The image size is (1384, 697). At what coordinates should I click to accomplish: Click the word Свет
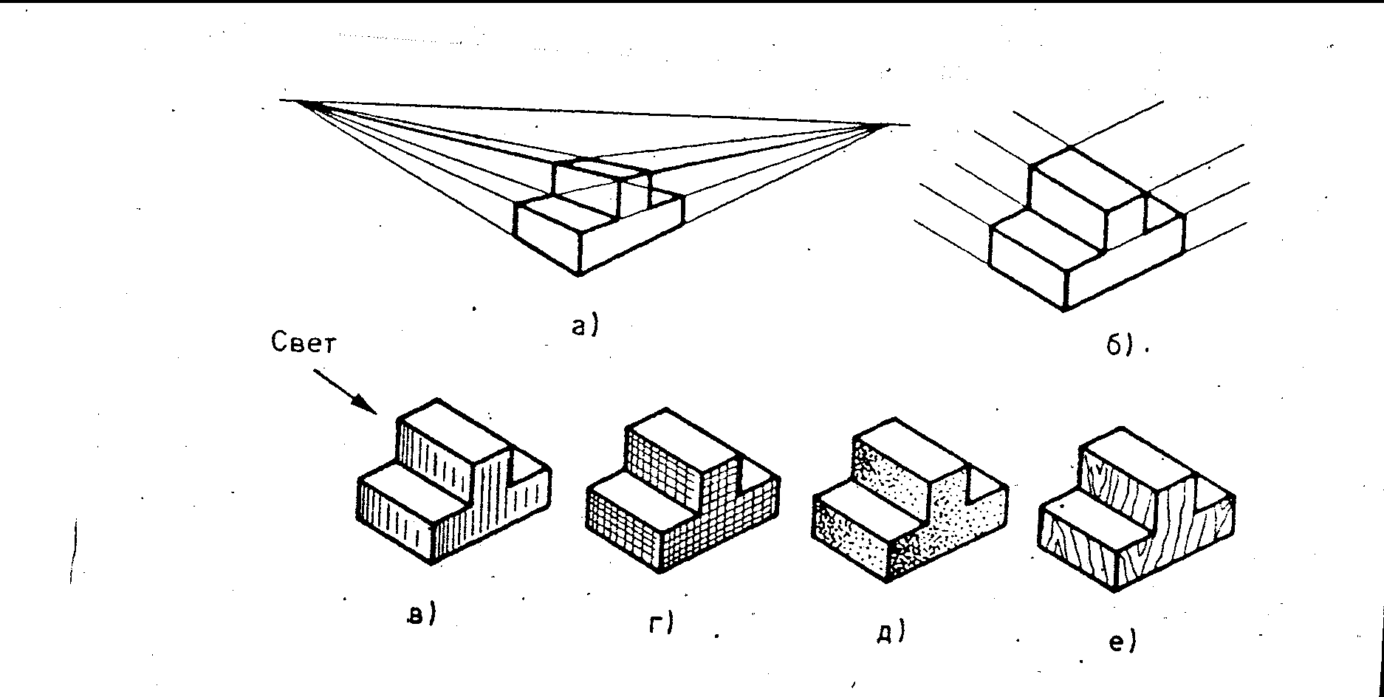303,343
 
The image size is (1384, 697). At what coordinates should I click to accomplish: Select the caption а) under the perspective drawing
583,326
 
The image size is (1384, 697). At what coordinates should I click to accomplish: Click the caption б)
1118,345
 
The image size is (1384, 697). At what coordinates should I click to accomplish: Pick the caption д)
891,631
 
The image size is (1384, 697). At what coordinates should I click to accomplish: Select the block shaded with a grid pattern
683,495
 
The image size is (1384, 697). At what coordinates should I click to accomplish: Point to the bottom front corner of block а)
579,275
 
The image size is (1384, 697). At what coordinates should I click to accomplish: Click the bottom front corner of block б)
1064,309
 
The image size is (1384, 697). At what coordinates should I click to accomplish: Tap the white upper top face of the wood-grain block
1137,458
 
